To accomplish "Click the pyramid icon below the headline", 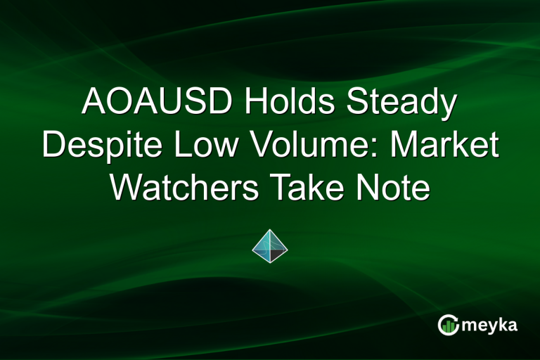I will click(x=270, y=245).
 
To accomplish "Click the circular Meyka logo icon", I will click(x=449, y=323).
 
